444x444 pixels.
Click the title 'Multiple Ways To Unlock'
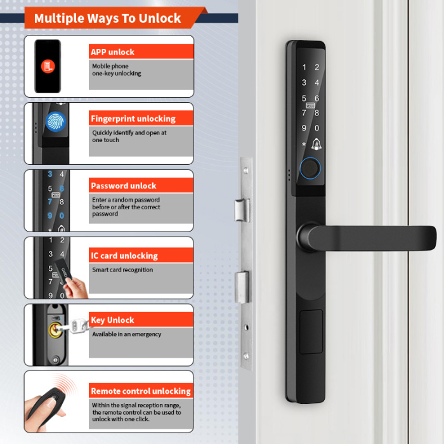point(107,18)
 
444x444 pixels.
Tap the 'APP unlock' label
point(112,52)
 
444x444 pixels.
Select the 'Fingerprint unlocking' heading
point(133,119)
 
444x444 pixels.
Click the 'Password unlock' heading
point(123,186)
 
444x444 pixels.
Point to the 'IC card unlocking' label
point(124,256)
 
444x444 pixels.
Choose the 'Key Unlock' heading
point(112,320)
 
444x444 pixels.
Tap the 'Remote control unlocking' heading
point(140,391)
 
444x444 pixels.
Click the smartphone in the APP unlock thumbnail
point(48,66)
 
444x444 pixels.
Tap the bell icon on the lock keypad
point(317,144)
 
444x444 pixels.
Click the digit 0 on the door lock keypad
point(317,128)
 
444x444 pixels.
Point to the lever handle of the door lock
point(368,238)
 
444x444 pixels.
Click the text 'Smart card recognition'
point(122,270)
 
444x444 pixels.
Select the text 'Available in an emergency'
point(126,334)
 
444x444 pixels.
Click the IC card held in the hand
point(67,271)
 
